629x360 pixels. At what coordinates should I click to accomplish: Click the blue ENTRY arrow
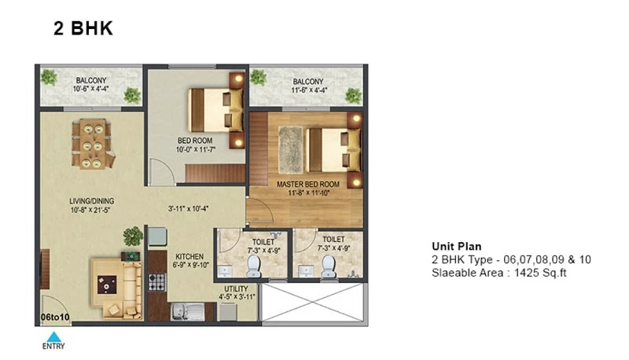coord(53,336)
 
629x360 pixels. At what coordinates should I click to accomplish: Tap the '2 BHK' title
coord(83,28)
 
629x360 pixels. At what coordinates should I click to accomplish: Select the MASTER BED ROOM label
coord(308,185)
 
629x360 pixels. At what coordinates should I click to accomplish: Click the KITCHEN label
coord(189,256)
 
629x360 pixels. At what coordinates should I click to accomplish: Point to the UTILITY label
coord(236,289)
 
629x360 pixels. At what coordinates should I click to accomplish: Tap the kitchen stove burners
coord(156,282)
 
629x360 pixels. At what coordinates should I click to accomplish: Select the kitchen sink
coord(188,312)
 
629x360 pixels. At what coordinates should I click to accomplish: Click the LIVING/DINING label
coord(91,201)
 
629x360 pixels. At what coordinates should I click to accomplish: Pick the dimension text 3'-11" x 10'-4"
coord(188,208)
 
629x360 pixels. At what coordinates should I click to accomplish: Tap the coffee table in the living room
coord(107,285)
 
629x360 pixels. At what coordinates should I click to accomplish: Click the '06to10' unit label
coord(55,317)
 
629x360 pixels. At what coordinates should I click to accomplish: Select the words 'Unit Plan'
coord(457,246)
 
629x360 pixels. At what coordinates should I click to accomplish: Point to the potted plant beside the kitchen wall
coord(133,237)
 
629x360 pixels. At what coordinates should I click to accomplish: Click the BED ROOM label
coord(195,141)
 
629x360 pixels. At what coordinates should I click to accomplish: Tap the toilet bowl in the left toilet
coord(253,266)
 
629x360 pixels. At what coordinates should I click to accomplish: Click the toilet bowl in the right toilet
coord(328,266)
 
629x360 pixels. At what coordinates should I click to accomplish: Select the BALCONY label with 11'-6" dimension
coord(308,82)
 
